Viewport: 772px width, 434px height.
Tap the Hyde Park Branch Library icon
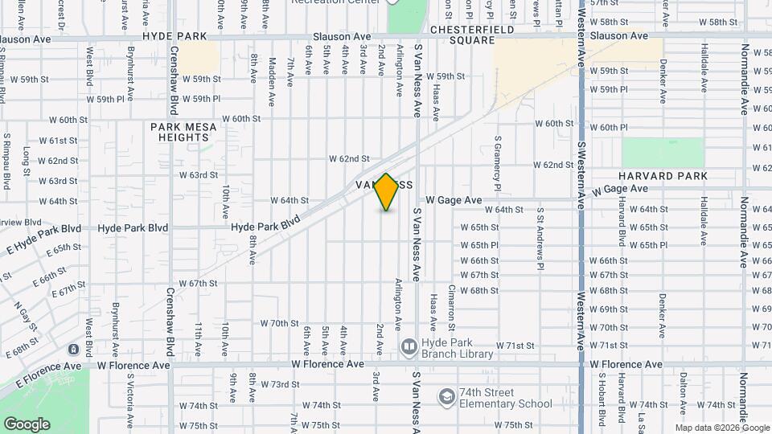409,346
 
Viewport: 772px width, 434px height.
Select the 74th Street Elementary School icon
446,397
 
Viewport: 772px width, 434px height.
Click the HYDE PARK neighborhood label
175,37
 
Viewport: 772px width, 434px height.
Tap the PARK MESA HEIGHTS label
179,132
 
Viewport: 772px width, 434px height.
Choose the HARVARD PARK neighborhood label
663,176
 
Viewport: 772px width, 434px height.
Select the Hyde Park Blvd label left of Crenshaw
133,228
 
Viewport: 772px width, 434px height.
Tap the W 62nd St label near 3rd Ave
348,159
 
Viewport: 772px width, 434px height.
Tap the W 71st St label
515,346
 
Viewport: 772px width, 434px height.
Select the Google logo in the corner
27,424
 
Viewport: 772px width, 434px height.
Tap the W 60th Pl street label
608,128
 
